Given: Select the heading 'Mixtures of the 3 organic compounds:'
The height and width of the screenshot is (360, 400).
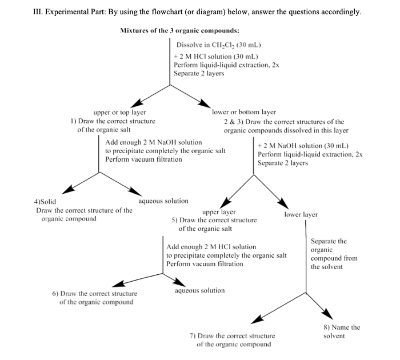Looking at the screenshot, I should tap(179, 30).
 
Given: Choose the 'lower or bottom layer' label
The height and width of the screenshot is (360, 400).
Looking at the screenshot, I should tap(244, 113).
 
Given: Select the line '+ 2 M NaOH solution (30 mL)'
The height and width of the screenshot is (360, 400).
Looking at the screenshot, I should tap(303, 146).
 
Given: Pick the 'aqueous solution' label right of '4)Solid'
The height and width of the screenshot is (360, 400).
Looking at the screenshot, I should tap(163, 201).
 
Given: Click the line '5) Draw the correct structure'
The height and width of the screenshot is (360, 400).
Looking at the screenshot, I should tap(214, 220).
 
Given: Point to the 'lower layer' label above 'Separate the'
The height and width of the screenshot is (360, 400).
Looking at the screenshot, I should tap(301, 215).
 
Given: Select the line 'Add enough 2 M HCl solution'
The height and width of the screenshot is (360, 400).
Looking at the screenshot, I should tap(211, 247).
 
